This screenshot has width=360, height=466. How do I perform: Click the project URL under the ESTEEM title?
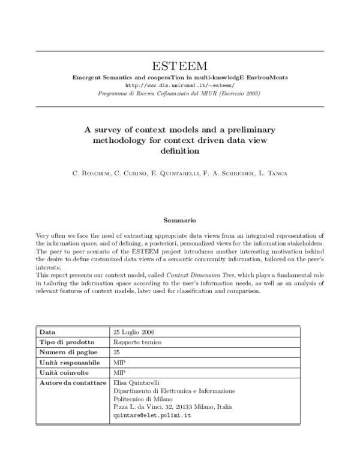pyautogui.click(x=180, y=85)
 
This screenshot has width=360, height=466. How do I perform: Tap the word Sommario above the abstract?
pyautogui.click(x=180, y=220)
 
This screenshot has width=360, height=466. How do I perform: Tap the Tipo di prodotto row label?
pyautogui.click(x=64, y=342)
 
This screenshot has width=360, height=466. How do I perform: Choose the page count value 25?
pyautogui.click(x=116, y=352)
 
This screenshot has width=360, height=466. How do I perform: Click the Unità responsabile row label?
pyautogui.click(x=69, y=363)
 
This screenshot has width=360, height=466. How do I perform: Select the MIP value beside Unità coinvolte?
pyautogui.click(x=119, y=373)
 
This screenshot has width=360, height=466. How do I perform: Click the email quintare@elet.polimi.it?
pyautogui.click(x=152, y=415)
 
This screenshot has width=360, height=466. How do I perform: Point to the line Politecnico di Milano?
pyautogui.click(x=143, y=399)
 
